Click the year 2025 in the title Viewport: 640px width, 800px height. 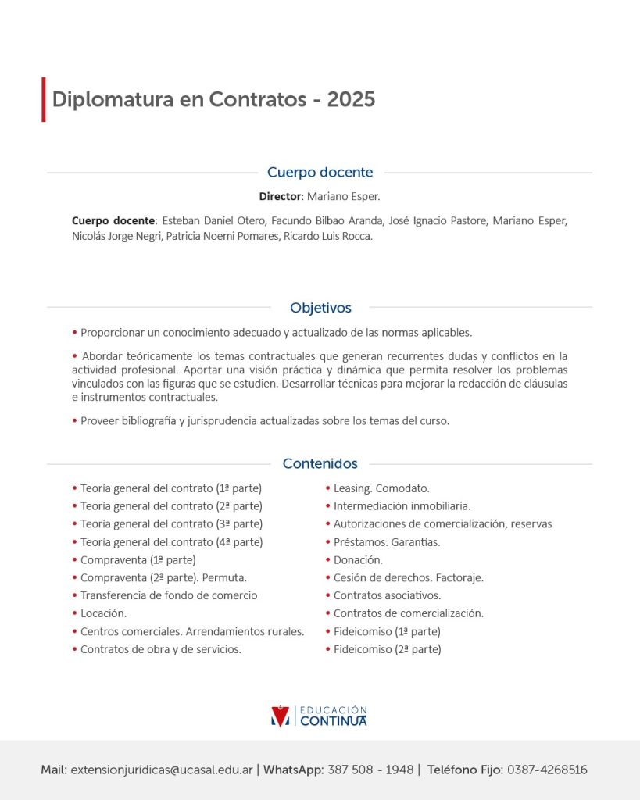351,100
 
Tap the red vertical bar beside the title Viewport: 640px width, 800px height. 44,99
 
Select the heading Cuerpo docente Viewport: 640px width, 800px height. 320,173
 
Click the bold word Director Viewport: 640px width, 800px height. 280,196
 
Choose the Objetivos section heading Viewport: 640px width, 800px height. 320,308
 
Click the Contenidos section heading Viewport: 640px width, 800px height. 320,464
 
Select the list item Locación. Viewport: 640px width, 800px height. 103,613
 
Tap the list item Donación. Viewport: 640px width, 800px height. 358,559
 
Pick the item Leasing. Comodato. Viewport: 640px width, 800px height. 381,488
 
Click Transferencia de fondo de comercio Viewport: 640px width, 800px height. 169,595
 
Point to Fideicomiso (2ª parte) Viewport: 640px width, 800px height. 387,649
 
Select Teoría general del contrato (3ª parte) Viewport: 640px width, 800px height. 171,523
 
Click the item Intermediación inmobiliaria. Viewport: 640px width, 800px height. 402,506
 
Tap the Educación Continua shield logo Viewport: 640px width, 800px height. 279,716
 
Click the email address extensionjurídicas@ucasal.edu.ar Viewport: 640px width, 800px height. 162,770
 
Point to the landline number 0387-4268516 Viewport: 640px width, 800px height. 547,770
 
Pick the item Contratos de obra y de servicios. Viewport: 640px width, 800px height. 161,649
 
